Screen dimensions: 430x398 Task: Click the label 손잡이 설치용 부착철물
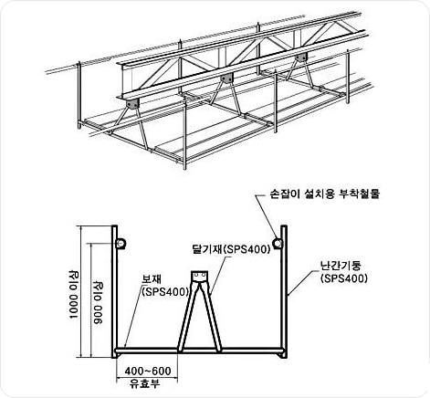coord(325,194)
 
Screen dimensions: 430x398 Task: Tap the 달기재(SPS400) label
coord(231,249)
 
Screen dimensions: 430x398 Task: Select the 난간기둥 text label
coord(341,266)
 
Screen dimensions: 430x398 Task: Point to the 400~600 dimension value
coord(148,371)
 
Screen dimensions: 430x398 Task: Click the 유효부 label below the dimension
coord(144,383)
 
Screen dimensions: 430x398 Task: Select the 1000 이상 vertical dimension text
coord(73,294)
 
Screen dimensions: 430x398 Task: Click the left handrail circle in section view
coord(121,244)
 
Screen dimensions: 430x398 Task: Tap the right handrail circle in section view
coord(278,244)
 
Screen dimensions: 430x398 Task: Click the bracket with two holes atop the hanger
coord(199,276)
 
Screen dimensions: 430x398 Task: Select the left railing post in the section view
coord(114,291)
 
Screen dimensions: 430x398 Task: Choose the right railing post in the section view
coord(284,291)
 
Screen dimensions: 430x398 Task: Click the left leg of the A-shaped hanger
coord(187,317)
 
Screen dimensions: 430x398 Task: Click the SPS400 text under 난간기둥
coord(344,278)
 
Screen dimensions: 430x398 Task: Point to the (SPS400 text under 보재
coord(165,292)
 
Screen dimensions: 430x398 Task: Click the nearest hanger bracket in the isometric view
coord(132,104)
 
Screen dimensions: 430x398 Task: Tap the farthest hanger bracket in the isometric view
coord(301,58)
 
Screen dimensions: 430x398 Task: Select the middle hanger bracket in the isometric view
coord(226,79)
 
